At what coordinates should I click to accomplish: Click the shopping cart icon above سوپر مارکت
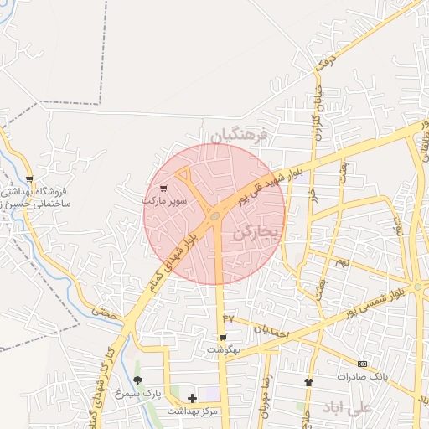tap(163, 189)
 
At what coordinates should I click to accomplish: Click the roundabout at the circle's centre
tap(215, 216)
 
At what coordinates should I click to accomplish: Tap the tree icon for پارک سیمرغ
tap(138, 380)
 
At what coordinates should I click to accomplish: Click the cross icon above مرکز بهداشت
tap(193, 398)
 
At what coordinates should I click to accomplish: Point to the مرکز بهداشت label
tap(192, 411)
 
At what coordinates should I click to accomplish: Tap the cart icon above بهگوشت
tap(224, 338)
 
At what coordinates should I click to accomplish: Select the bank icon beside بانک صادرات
tap(362, 364)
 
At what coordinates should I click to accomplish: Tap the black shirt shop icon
tap(308, 381)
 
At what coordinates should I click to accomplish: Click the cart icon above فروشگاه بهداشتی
tap(30, 178)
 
